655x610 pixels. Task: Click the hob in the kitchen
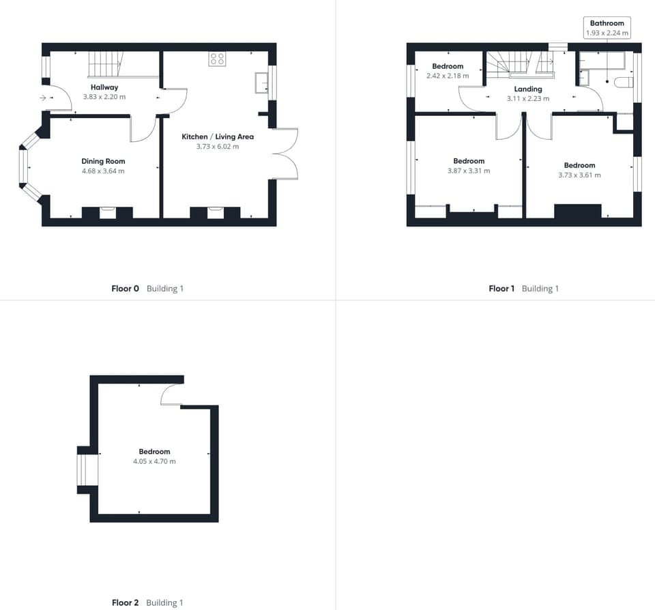click(x=217, y=59)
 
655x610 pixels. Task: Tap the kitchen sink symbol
click(x=261, y=82)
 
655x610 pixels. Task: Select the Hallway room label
click(x=104, y=87)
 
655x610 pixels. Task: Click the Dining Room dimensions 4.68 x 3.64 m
click(x=103, y=171)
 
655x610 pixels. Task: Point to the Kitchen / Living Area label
click(x=217, y=136)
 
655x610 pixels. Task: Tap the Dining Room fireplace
click(x=107, y=213)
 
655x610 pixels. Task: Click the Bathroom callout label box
click(x=607, y=27)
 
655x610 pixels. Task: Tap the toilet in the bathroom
click(x=622, y=83)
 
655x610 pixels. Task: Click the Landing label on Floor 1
click(x=528, y=89)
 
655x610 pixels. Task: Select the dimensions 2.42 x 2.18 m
click(x=447, y=75)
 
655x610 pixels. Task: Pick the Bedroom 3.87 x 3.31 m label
click(x=469, y=161)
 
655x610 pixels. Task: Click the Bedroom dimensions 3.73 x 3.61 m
click(x=579, y=175)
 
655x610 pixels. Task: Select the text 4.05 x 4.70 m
click(x=154, y=461)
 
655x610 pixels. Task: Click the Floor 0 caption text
click(x=125, y=289)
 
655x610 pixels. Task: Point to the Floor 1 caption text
click(x=501, y=289)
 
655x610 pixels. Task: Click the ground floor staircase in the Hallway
click(x=105, y=66)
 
